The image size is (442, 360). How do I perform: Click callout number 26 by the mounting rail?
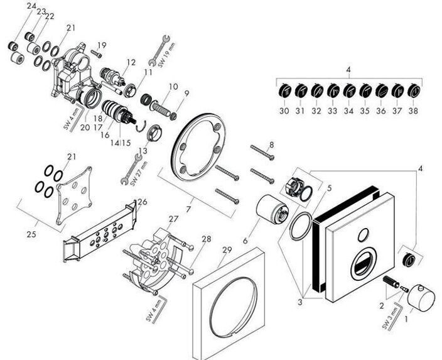(x=143, y=202)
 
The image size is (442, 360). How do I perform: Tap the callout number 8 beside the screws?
(x=271, y=145)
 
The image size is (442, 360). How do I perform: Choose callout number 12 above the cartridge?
(x=131, y=62)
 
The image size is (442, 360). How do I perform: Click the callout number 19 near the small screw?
(x=102, y=45)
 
